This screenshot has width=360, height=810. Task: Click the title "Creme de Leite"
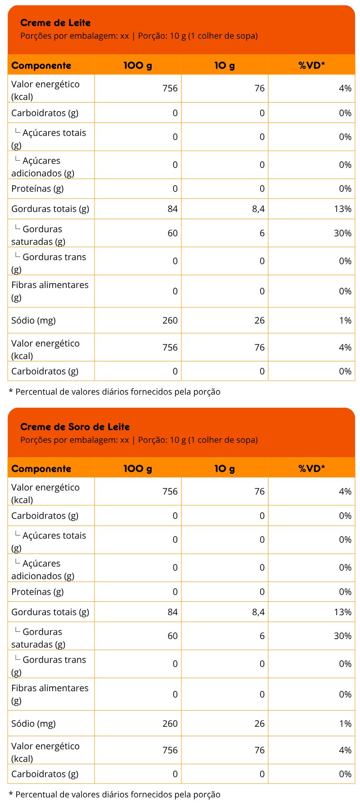55,23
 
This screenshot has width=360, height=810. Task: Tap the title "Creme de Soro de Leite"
75,427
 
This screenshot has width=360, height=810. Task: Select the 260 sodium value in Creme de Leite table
170,320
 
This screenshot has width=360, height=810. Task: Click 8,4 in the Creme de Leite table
258,209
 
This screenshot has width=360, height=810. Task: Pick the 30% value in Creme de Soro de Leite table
342,636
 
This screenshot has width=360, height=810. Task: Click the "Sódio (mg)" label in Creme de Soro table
33,724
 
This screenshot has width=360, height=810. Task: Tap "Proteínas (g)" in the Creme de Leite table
37,189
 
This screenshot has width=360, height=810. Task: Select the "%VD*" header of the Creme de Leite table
311,66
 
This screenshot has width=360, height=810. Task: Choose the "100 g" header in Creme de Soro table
138,469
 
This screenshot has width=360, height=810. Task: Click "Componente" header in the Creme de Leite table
41,66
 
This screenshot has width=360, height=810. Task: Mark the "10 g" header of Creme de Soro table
225,469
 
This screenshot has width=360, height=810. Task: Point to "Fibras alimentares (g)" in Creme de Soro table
49,694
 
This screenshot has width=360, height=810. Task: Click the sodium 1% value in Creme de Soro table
345,724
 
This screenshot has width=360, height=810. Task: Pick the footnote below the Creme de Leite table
115,392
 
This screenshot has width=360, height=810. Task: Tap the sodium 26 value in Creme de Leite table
259,320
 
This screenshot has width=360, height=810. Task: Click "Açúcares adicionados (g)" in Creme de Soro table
43,569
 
